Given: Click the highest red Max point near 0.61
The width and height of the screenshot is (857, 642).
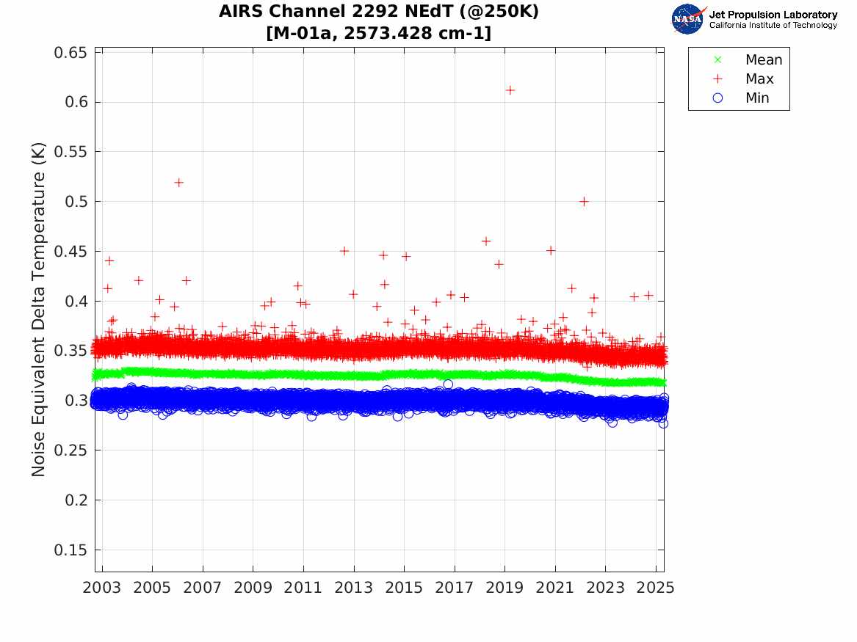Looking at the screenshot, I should click(x=510, y=90).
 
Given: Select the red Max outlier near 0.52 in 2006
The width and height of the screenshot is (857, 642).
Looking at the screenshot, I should click(x=178, y=183).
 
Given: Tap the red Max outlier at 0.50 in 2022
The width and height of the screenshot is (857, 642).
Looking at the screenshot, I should click(x=584, y=201).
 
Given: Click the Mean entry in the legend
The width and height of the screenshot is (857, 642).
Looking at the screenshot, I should click(x=764, y=60).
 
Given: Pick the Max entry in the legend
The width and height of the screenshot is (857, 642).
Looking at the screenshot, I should click(x=759, y=79).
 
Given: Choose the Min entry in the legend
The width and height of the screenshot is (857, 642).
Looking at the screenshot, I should click(x=757, y=98).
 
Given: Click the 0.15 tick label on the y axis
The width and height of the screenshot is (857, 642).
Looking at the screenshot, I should click(x=70, y=550).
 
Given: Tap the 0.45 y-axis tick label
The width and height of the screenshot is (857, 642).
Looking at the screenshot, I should click(x=70, y=252).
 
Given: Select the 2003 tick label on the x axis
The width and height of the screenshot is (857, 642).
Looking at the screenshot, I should click(x=102, y=588).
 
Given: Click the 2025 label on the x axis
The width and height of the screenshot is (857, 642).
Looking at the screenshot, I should click(x=656, y=588).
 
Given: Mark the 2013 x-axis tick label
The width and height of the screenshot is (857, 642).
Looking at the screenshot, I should click(x=354, y=588).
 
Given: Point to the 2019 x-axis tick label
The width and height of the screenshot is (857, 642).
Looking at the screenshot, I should click(x=505, y=588).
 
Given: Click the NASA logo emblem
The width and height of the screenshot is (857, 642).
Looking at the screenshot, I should click(x=689, y=19).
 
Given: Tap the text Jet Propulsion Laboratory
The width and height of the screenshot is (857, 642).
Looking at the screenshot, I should click(x=773, y=15).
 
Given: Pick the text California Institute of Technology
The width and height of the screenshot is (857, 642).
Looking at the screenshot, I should click(x=773, y=26).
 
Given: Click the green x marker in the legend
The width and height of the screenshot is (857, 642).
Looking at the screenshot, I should click(x=718, y=60).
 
